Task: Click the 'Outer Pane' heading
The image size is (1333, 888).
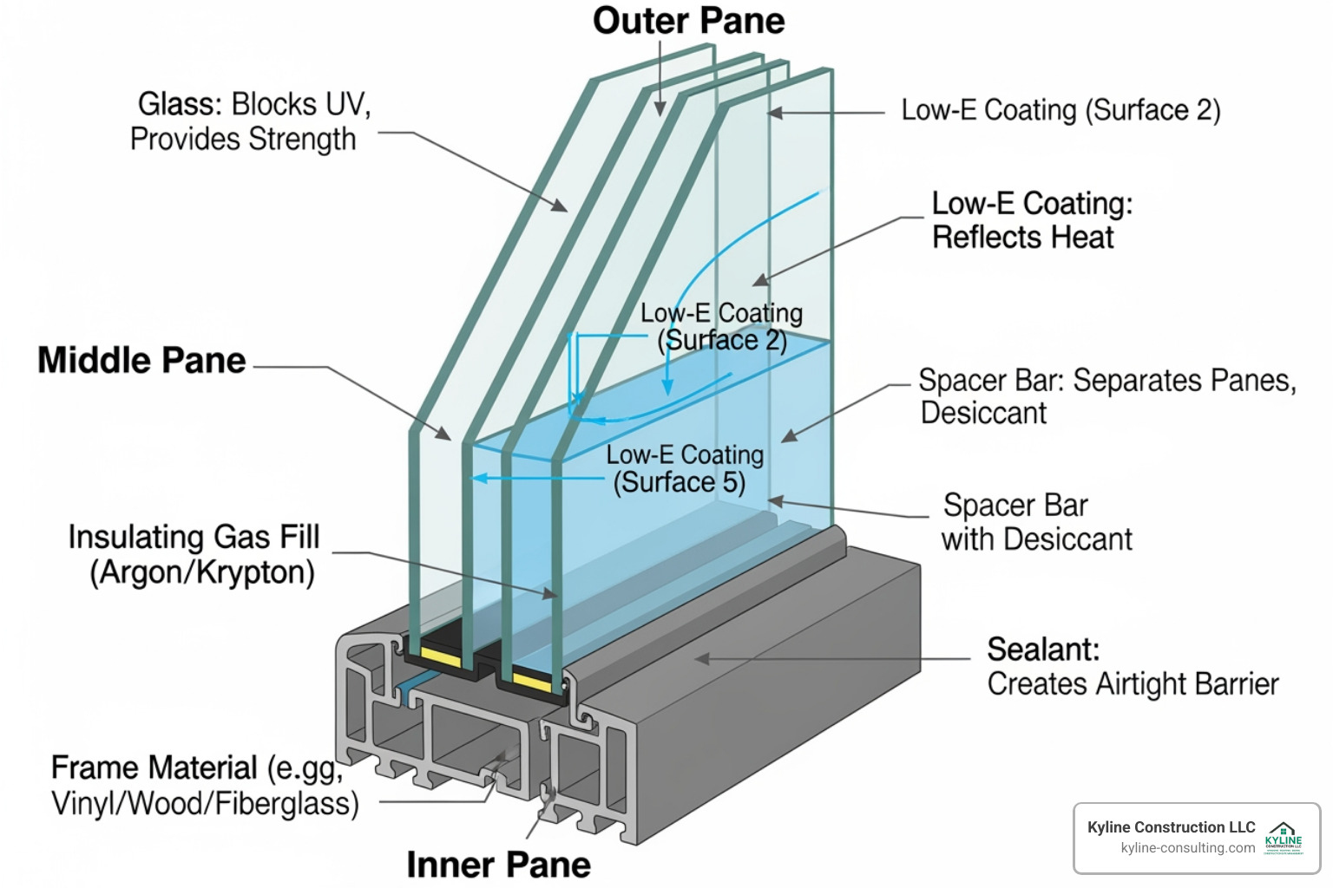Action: pos(688,21)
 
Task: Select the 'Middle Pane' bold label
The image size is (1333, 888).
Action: pos(141,361)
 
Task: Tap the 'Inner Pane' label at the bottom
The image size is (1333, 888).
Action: pos(498,865)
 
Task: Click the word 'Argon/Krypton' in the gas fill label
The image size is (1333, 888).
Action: pos(202,573)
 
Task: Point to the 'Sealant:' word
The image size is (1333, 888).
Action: pos(1043,650)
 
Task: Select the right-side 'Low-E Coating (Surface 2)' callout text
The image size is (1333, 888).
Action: pos(1060,110)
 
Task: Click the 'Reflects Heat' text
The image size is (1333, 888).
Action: pos(1022,238)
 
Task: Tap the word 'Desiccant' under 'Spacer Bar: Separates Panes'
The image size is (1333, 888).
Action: pos(983,414)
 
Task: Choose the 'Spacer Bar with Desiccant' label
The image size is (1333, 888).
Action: pos(1036,522)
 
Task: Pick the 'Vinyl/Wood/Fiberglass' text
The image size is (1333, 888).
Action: pos(205,804)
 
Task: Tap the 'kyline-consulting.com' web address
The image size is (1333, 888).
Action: pos(1187,848)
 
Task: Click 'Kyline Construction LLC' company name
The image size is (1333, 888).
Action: pos(1171,827)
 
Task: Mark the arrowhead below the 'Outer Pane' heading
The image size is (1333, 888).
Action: pos(660,109)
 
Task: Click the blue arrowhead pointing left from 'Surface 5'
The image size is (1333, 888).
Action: pos(476,478)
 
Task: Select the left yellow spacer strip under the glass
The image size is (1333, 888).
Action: pos(441,657)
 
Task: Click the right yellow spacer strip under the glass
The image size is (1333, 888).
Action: pos(531,679)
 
